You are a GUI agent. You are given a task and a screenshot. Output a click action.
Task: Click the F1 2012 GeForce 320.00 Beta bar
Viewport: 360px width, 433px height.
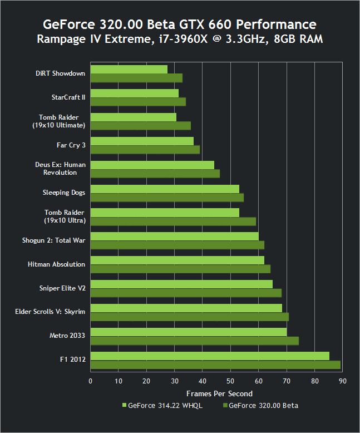click(215, 365)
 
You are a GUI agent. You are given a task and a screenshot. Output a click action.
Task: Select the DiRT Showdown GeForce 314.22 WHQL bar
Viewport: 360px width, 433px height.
click(129, 70)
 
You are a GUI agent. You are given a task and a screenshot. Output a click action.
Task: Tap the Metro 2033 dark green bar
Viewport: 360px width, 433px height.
click(194, 341)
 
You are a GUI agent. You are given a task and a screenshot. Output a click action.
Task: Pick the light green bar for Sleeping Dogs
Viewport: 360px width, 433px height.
click(165, 189)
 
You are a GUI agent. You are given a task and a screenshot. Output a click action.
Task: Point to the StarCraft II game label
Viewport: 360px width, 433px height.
click(68, 97)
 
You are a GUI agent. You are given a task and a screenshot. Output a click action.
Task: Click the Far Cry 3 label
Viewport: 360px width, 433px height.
click(71, 145)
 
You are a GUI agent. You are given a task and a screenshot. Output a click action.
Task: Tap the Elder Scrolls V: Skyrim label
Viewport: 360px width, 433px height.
click(50, 312)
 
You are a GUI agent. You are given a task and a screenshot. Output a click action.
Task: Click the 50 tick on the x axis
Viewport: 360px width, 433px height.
click(230, 381)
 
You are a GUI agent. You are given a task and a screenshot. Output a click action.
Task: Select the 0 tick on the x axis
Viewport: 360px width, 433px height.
click(91, 381)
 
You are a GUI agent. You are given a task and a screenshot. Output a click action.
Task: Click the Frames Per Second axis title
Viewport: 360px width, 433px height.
click(216, 393)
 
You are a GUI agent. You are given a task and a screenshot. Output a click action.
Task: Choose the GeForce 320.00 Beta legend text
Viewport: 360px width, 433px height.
click(263, 406)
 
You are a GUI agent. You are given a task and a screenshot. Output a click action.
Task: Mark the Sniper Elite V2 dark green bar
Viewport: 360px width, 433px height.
click(186, 293)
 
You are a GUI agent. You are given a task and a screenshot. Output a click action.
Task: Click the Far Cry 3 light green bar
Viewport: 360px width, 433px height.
click(142, 141)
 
